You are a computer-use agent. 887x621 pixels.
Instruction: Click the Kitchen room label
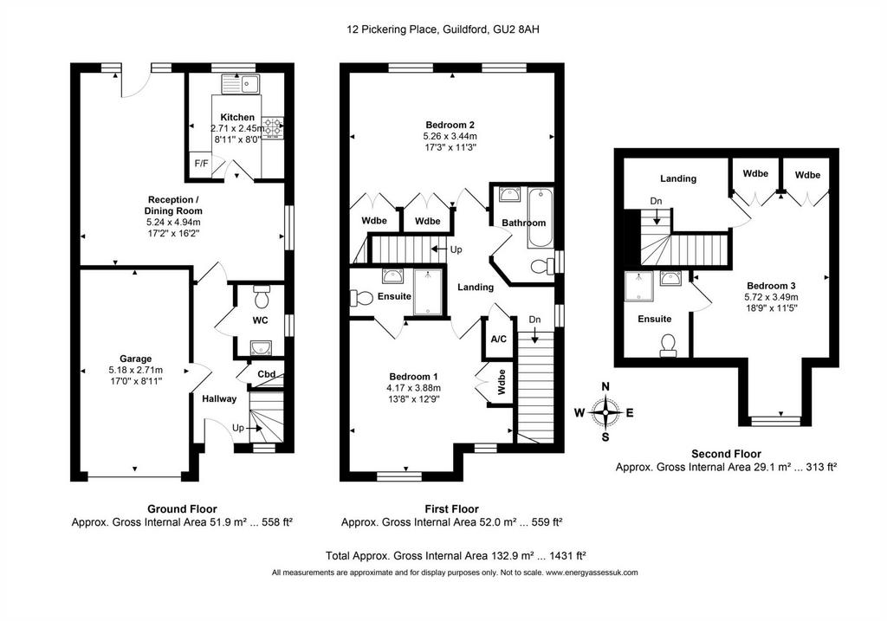pos(237,117)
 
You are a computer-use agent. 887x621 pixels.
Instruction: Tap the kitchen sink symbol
pos(240,85)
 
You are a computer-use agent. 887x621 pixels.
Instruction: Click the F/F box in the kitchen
pos(201,164)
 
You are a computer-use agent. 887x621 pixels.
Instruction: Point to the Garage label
pos(136,359)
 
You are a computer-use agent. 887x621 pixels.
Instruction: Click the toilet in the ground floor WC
pos(262,296)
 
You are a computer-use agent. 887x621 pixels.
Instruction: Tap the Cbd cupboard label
pos(267,374)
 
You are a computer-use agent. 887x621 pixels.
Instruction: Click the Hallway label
pos(219,398)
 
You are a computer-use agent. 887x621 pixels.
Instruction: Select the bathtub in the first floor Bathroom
pos(541,218)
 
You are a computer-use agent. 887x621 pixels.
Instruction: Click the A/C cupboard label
pos(498,340)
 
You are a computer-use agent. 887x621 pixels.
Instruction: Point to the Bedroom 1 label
pos(413,377)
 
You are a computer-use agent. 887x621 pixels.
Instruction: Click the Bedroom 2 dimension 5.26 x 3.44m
pos(450,136)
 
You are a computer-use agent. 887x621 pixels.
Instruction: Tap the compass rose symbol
pos(605,413)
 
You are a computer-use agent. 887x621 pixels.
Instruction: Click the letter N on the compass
pos(605,387)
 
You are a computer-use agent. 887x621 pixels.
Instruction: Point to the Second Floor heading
pos(727,454)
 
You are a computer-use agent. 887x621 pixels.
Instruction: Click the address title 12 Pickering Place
pos(392,29)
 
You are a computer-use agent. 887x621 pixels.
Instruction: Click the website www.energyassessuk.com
pos(592,572)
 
